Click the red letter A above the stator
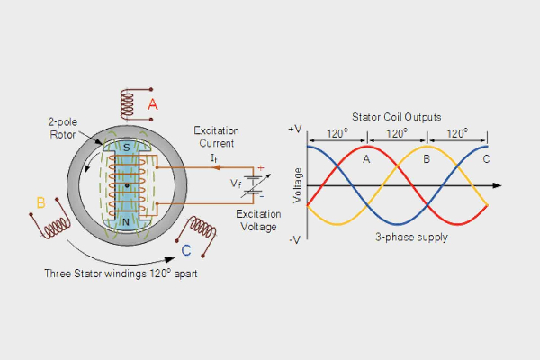point(153,105)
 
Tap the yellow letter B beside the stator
point(40,202)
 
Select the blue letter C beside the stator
point(185,250)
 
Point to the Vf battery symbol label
point(236,183)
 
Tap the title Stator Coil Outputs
point(397,117)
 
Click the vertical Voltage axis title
point(296,184)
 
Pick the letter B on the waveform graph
point(427,159)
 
